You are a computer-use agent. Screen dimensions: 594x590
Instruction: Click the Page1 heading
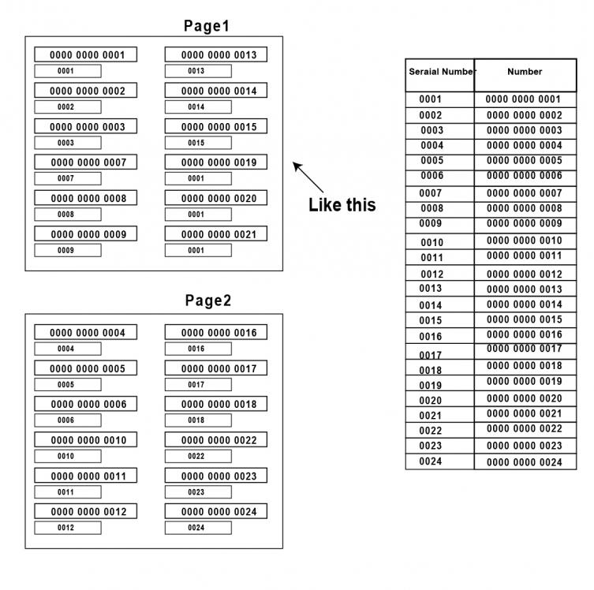(207, 26)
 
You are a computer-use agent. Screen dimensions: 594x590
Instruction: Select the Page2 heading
(208, 301)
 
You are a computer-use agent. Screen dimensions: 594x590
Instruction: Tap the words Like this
(342, 205)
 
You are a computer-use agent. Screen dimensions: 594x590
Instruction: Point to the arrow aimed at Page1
(308, 177)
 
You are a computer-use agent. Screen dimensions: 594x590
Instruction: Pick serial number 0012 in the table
(431, 274)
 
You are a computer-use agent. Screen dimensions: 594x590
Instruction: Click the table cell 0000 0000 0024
(525, 462)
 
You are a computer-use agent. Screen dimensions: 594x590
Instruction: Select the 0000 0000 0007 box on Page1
(86, 162)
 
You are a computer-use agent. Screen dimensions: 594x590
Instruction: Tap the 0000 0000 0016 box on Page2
(216, 332)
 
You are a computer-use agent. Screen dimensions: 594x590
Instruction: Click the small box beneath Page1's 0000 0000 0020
(198, 215)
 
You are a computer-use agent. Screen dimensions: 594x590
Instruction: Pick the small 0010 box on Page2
(68, 456)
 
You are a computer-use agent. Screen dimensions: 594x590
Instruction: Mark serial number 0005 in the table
(431, 161)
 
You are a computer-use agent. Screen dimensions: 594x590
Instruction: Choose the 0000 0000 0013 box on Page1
(216, 54)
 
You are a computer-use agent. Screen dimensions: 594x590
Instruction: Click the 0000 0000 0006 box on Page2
(86, 404)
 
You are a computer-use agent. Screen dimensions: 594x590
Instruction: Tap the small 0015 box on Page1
(198, 143)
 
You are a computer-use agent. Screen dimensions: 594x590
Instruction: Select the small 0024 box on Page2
(198, 528)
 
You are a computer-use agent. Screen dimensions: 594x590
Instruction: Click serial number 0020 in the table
(431, 401)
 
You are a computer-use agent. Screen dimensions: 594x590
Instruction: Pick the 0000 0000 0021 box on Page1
(216, 233)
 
